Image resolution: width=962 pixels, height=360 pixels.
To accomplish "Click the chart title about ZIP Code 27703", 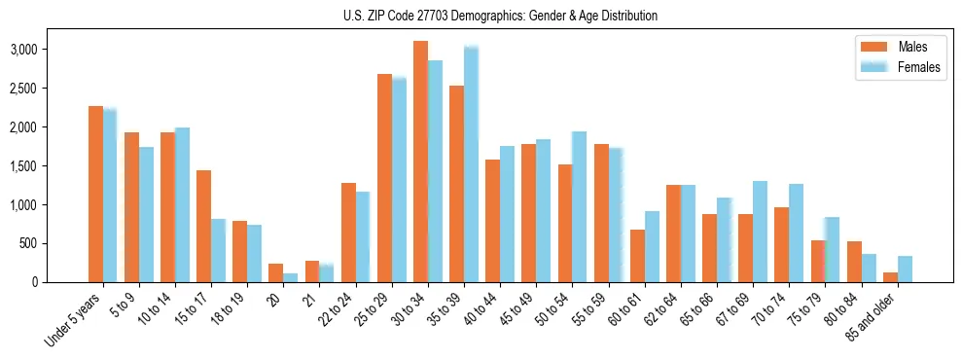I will point(500,16).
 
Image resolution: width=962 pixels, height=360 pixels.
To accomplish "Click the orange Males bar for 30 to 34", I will point(420,162).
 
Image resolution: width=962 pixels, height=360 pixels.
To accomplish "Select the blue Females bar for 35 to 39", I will point(471,163).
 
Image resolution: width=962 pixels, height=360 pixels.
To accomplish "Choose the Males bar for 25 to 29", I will point(384,178).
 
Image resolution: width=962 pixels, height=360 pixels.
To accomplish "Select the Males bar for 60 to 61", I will point(637,256).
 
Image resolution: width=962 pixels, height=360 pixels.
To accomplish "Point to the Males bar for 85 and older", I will point(890,277).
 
